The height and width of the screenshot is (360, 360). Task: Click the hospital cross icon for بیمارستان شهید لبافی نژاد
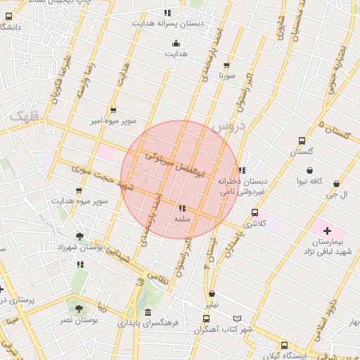tap(327, 231)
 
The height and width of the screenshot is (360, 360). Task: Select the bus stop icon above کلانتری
tap(255, 212)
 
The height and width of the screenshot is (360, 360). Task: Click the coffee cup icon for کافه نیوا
tap(309, 170)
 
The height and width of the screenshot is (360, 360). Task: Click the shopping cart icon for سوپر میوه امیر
tap(112, 110)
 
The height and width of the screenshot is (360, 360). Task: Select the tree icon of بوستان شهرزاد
tap(79, 236)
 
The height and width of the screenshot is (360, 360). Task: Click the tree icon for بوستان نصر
tap(78, 308)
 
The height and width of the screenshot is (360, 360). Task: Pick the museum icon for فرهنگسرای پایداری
tap(147, 313)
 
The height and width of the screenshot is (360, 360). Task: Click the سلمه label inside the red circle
tap(182, 219)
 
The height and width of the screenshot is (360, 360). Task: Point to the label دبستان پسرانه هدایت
tap(167, 23)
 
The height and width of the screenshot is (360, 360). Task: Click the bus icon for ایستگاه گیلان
tap(284, 345)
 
